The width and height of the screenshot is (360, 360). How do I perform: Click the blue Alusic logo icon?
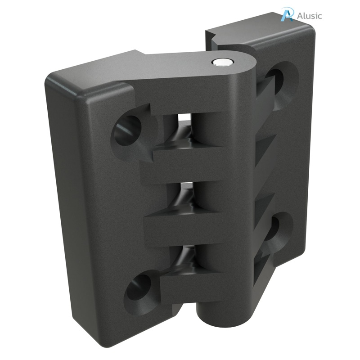coord(286,14)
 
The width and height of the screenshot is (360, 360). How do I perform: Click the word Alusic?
coord(309,16)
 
